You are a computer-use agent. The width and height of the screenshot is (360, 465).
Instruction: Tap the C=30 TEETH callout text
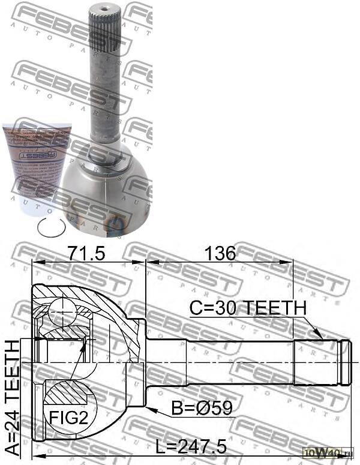[247, 308]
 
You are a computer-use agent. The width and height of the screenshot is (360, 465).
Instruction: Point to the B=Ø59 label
[202, 409]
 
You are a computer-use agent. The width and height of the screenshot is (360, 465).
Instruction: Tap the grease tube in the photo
[36, 168]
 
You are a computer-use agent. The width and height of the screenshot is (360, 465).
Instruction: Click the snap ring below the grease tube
[50, 228]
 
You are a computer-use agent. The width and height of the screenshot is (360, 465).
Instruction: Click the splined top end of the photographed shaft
[106, 30]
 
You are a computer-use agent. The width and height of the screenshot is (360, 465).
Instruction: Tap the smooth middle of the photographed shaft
[106, 96]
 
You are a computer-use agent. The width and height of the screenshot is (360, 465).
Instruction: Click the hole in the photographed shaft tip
[106, 9]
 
